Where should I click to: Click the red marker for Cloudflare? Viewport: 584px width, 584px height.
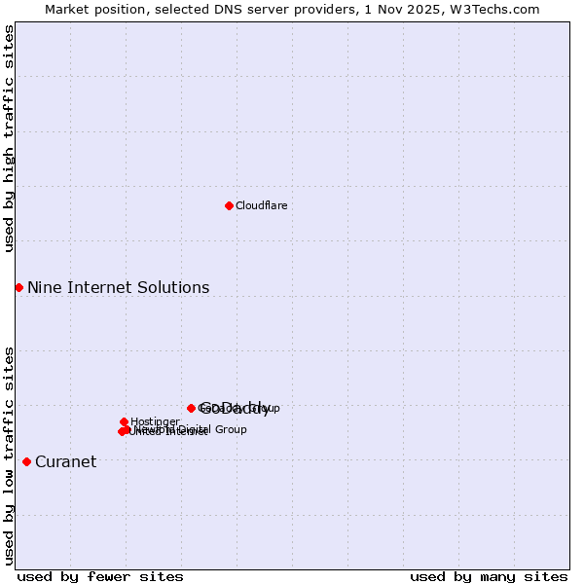click(x=229, y=205)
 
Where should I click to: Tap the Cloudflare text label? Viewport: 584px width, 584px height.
click(x=261, y=205)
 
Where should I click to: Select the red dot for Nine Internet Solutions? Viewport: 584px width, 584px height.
click(x=18, y=287)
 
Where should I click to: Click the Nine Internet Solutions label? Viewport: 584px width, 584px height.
click(x=118, y=287)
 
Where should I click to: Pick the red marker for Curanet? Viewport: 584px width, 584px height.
click(x=26, y=461)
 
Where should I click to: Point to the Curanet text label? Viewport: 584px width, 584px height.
click(x=65, y=461)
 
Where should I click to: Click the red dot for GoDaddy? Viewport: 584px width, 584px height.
click(x=191, y=408)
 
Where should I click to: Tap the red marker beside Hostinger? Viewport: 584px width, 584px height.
click(x=125, y=421)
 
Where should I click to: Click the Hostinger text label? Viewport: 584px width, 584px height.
click(x=155, y=421)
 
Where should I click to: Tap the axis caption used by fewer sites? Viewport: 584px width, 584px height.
click(x=100, y=576)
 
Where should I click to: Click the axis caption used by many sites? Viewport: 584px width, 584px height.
click(x=489, y=576)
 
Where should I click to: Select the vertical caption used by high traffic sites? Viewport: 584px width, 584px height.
click(x=9, y=138)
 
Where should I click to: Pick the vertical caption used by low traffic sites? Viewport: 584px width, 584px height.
click(x=9, y=456)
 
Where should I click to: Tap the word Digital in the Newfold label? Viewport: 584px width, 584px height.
click(x=195, y=429)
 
